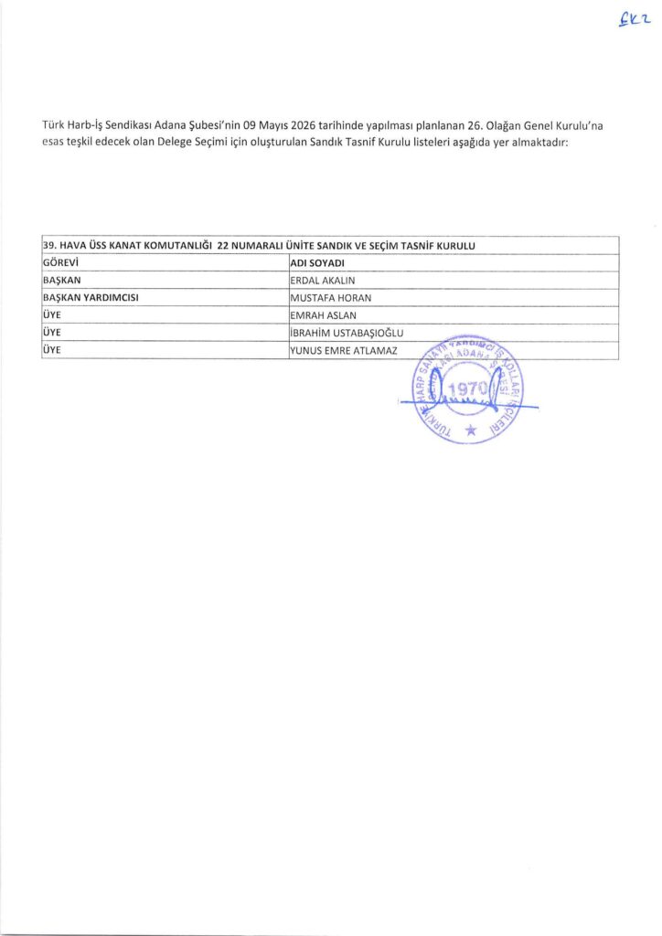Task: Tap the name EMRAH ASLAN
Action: (x=323, y=315)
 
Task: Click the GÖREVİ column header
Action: (x=63, y=263)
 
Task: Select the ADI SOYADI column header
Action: (x=315, y=263)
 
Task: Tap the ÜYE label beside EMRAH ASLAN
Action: (x=52, y=315)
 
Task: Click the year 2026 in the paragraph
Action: (x=281, y=124)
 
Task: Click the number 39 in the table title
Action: (x=49, y=246)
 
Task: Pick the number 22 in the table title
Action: (x=225, y=246)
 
